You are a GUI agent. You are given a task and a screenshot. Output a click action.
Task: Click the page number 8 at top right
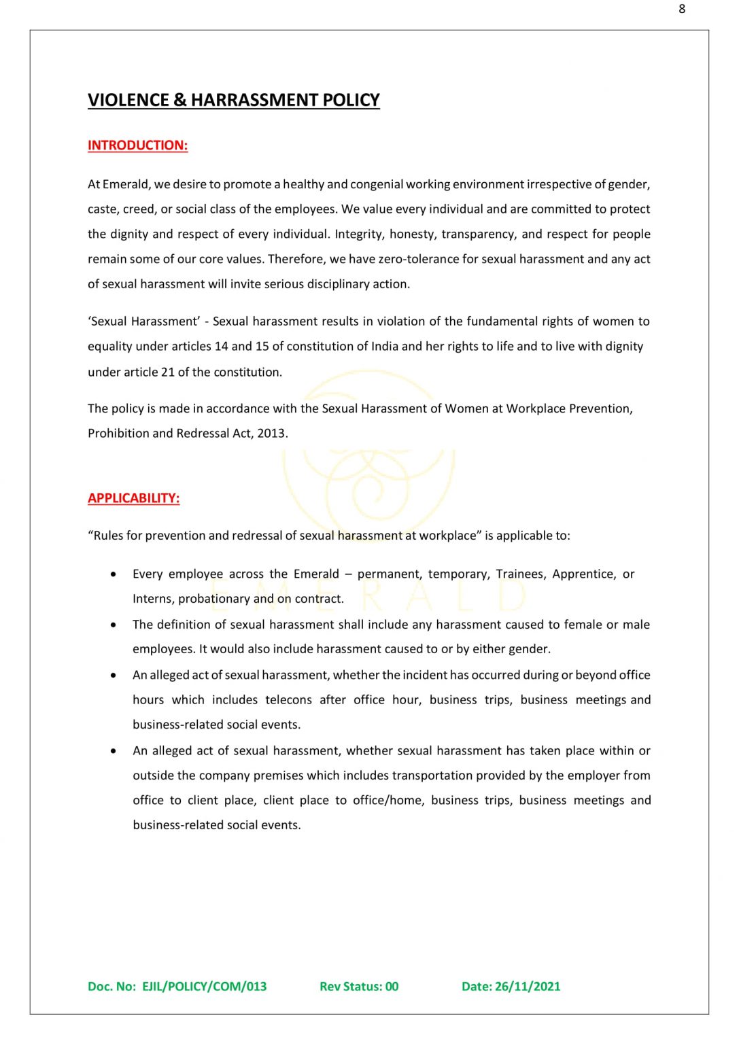tap(682, 9)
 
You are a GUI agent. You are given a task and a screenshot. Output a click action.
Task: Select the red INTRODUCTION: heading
tap(137, 145)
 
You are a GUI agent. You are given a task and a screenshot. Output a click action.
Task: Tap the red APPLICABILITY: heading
tap(133, 498)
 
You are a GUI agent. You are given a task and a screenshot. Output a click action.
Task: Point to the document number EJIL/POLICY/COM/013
tap(204, 986)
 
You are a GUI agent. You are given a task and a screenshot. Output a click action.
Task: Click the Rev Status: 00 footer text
tap(359, 986)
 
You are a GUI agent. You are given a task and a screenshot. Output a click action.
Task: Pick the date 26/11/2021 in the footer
tap(528, 986)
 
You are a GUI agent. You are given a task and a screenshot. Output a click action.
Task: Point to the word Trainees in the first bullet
tap(520, 574)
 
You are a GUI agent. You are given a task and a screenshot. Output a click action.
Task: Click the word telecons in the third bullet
tap(289, 699)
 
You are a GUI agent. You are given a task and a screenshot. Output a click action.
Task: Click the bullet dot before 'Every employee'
tap(113, 574)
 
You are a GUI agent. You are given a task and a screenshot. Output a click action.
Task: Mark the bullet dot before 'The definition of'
tap(113, 625)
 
